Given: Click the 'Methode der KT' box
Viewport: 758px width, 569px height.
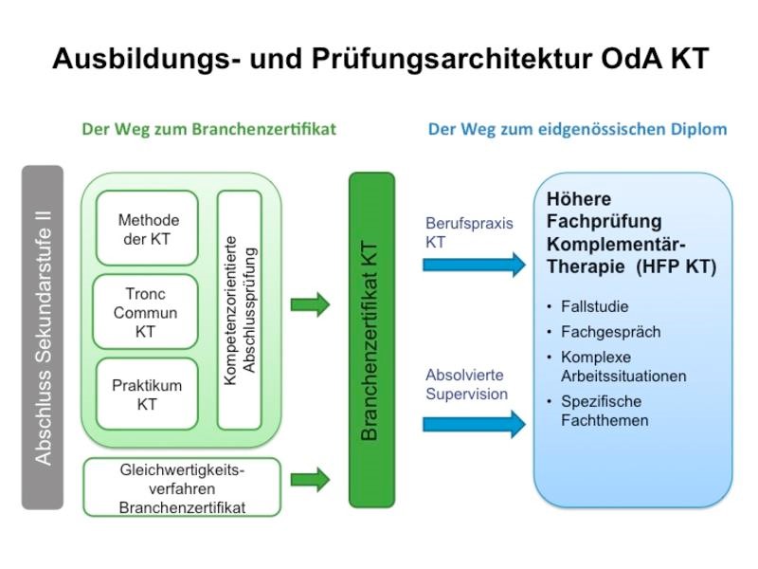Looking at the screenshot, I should tap(148, 229).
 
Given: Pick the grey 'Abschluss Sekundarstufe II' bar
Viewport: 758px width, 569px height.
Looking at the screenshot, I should tap(43, 338).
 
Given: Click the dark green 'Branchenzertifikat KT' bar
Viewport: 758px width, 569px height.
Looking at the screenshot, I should tap(371, 340).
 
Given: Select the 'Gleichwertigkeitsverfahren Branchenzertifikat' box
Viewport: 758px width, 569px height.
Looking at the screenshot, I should tap(182, 487).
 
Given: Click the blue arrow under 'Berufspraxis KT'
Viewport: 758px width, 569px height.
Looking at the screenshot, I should tap(474, 265).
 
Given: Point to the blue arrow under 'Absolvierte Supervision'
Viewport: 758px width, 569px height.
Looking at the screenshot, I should tap(474, 424).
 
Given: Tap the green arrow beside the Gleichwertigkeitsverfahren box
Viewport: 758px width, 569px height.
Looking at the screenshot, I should tap(310, 480).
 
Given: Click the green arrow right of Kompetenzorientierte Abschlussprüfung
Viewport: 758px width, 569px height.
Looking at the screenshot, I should tap(310, 304).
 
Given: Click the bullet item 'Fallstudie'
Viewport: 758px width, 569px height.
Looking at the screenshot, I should tap(594, 306).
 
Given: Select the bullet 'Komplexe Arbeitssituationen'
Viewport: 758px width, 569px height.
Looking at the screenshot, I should tap(623, 366).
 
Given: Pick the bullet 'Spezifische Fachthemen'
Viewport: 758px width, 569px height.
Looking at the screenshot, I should tap(606, 410).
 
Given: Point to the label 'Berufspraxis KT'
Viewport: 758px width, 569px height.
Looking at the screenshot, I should tap(469, 232).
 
